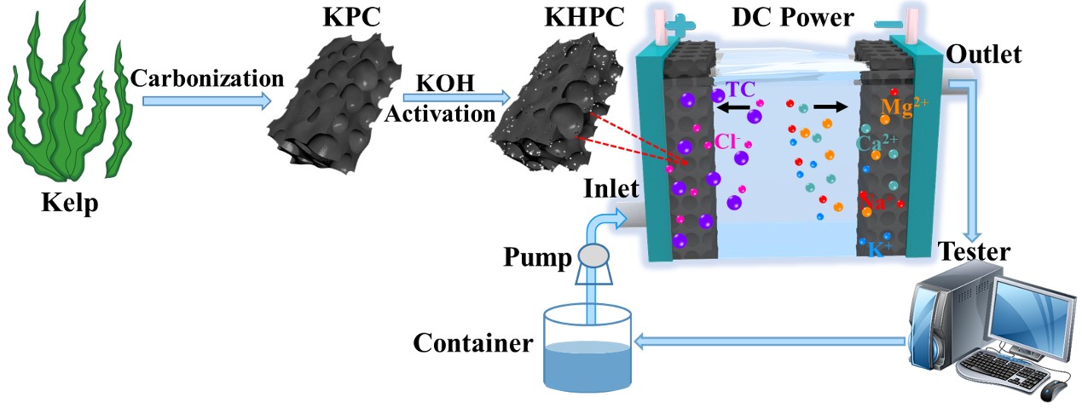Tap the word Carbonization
[207, 78]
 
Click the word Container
[473, 344]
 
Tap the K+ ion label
[882, 250]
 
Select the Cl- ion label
[728, 141]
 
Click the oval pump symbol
[594, 254]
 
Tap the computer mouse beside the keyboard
[1056, 389]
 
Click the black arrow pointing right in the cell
[830, 108]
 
